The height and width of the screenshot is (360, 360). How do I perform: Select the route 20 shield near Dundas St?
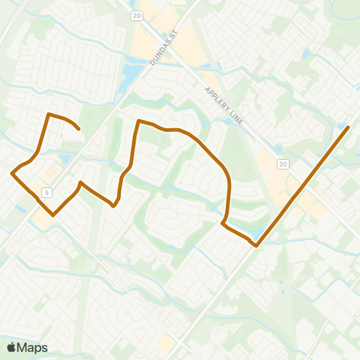[x=136, y=15]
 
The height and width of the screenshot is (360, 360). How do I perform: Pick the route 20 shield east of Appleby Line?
[x=282, y=163]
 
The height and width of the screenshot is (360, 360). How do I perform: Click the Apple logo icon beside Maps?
[x=11, y=347]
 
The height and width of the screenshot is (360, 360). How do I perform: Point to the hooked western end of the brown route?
[x=79, y=130]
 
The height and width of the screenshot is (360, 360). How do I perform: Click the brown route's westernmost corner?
[x=12, y=173]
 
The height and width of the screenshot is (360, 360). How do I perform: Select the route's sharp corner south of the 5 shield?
[x=53, y=215]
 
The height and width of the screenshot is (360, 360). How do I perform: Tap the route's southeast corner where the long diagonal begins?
[x=256, y=244]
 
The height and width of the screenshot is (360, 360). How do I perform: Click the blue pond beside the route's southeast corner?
[x=258, y=234]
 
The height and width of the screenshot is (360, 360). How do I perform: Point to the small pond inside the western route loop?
[x=66, y=159]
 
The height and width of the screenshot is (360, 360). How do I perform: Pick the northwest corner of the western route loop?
[x=49, y=114]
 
